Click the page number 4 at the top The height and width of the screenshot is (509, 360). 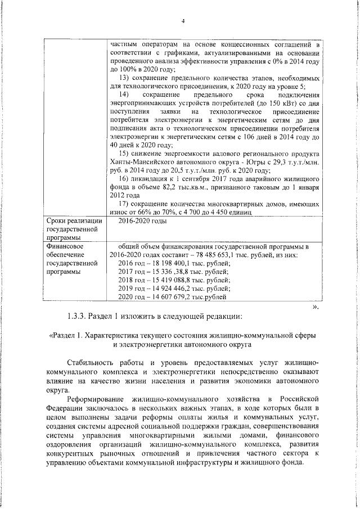[x=183, y=21]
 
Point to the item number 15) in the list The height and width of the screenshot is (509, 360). [x=125, y=154]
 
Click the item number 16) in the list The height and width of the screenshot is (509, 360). [x=125, y=179]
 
